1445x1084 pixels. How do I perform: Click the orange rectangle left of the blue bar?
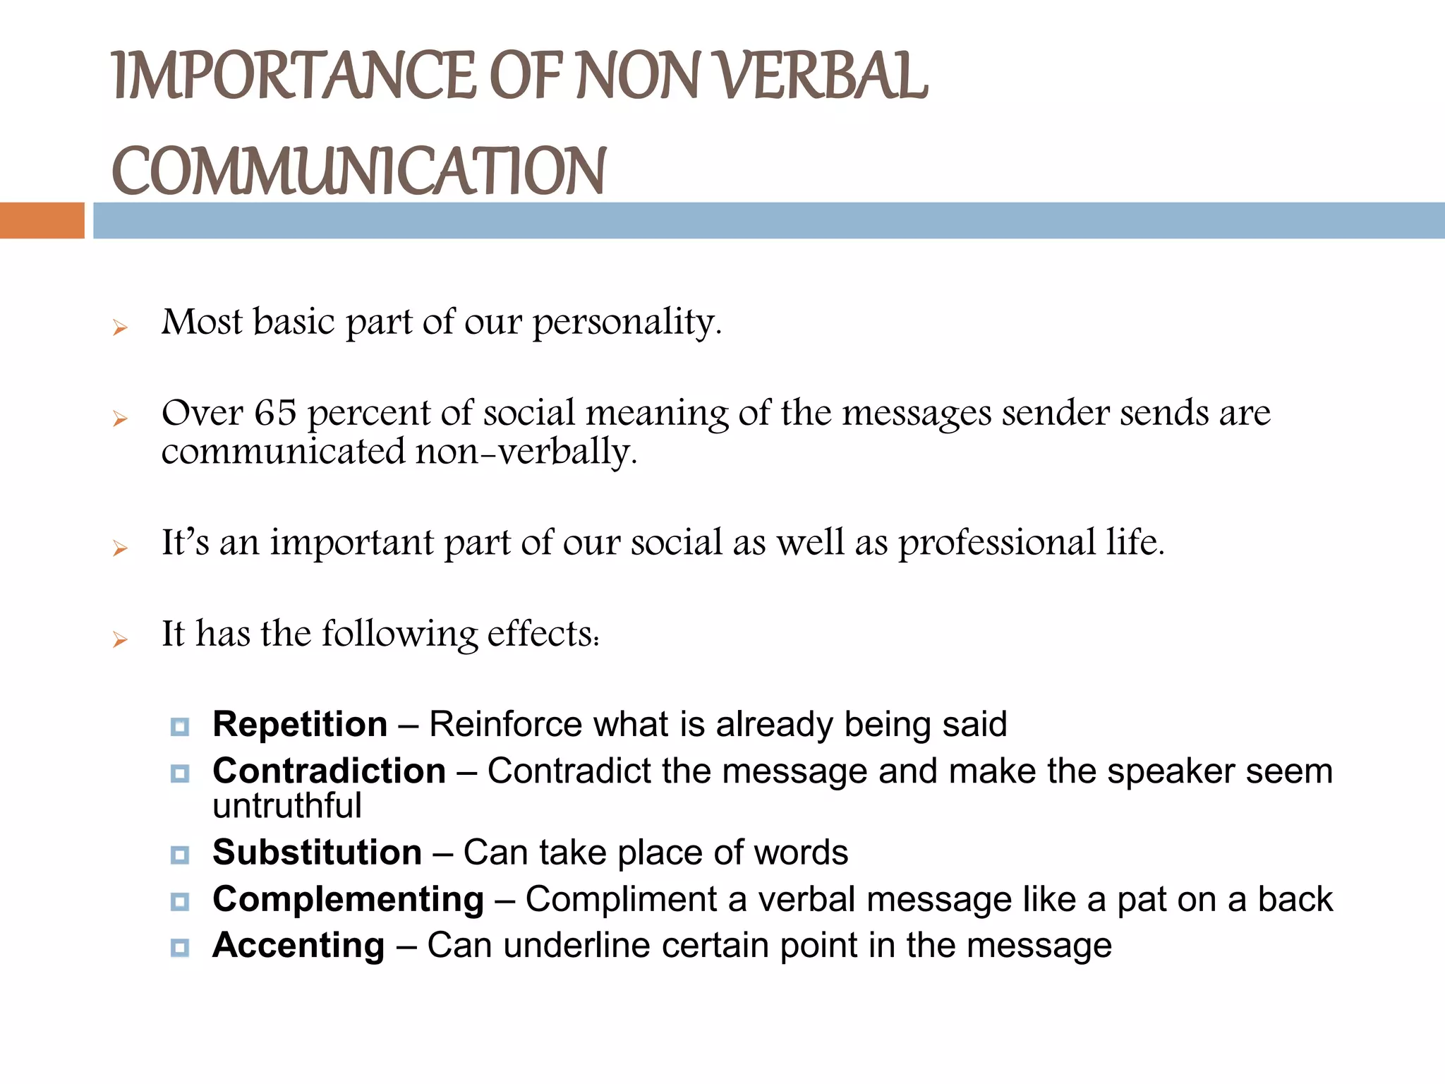[42, 220]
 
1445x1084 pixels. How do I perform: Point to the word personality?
[627, 323]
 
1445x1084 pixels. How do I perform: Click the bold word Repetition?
[300, 724]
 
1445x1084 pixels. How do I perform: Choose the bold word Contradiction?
[329, 771]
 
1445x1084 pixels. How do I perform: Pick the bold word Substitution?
[317, 852]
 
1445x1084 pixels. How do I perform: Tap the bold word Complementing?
[348, 899]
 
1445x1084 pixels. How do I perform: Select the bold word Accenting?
[298, 945]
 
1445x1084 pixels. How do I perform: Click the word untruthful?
[286, 805]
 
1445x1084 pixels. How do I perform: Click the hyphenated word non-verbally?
[526, 452]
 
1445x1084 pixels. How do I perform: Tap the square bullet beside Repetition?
[180, 727]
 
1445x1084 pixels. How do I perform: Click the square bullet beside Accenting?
[180, 948]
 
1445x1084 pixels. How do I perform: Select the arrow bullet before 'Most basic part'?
[120, 327]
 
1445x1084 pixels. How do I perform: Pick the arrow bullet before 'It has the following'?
[120, 639]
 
